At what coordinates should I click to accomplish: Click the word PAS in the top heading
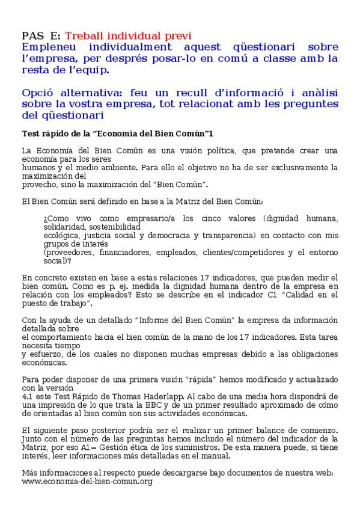pyautogui.click(x=32, y=35)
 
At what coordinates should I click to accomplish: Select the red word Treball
pyautogui.click(x=85, y=35)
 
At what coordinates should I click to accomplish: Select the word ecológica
pyautogui.click(x=61, y=236)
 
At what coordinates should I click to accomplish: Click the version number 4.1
pyautogui.click(x=27, y=396)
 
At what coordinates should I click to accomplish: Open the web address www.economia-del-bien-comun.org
pyautogui.click(x=87, y=482)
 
